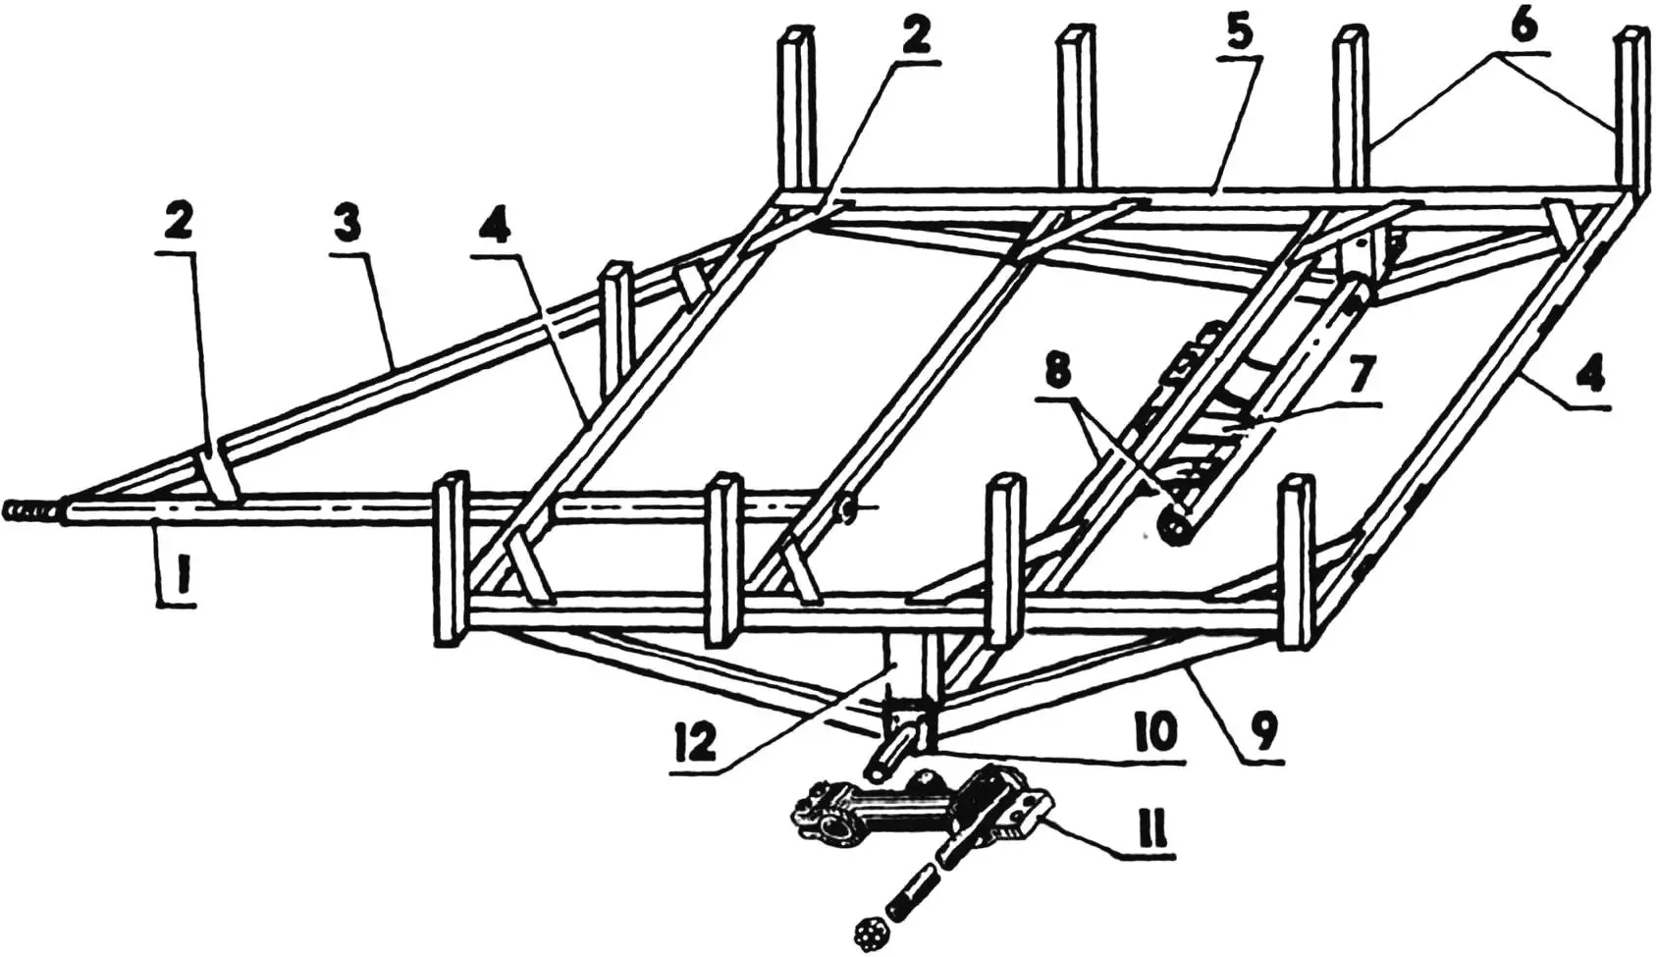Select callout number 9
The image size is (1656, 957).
1261,727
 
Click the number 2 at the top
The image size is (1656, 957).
914,36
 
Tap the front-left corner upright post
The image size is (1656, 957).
450,559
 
